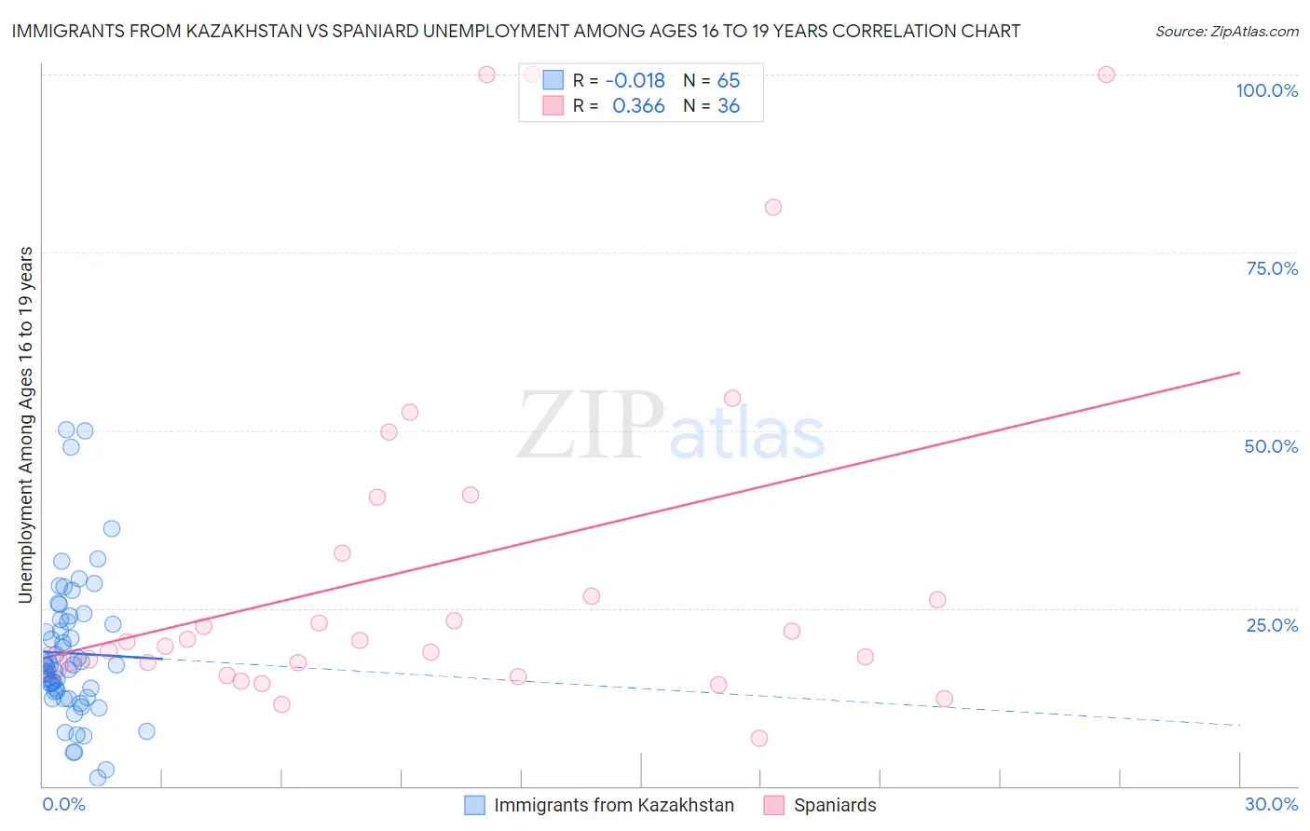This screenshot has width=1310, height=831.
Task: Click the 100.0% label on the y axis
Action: [x=1266, y=90]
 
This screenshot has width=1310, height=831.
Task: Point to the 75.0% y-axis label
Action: [x=1272, y=268]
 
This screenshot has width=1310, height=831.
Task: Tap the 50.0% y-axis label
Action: [x=1271, y=446]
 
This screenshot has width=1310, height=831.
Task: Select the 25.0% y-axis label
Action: [x=1272, y=625]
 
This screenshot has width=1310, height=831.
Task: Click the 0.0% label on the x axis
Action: [x=63, y=804]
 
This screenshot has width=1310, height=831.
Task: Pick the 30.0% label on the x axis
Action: [x=1271, y=804]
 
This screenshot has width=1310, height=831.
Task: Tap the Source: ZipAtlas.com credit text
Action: [x=1226, y=31]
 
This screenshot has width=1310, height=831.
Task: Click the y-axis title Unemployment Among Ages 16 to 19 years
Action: [x=26, y=425]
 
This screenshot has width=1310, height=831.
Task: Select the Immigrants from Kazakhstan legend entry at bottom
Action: [x=613, y=805]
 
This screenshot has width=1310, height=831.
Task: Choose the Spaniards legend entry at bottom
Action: [x=834, y=805]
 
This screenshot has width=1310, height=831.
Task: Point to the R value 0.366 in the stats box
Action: [x=638, y=106]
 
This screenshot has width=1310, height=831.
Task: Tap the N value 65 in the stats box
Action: [x=729, y=80]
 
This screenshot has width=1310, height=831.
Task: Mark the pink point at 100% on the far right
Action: [x=1106, y=75]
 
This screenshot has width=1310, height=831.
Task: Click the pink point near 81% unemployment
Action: [x=772, y=208]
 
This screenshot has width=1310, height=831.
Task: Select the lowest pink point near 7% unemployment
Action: [x=759, y=739]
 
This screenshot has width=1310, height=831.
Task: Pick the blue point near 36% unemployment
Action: [x=112, y=528]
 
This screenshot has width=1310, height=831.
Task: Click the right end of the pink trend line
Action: [x=1239, y=373]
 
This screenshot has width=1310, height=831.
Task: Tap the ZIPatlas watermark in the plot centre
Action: [x=671, y=428]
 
